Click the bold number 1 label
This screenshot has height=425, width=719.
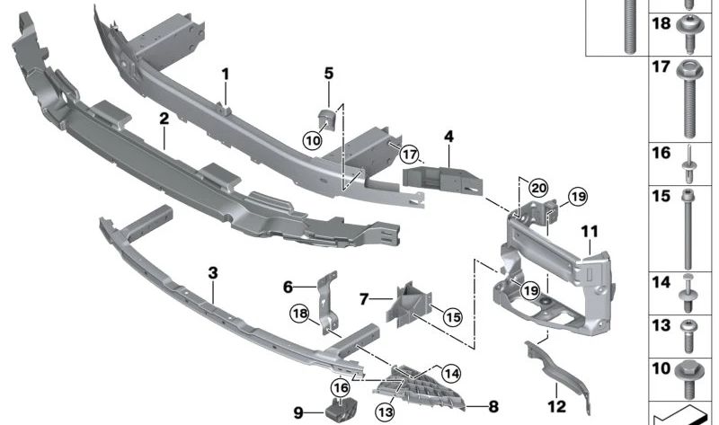(x=226, y=74)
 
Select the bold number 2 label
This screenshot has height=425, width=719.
(x=164, y=118)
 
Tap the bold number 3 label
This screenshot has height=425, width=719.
(x=212, y=271)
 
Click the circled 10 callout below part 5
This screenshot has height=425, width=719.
(x=311, y=140)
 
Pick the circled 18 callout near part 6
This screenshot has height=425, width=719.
(x=298, y=313)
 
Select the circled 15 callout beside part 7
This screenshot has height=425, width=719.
(x=451, y=316)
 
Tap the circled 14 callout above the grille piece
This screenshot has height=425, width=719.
(x=449, y=371)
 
